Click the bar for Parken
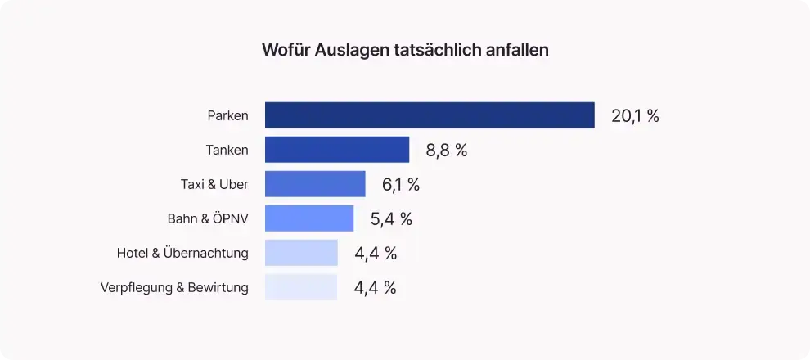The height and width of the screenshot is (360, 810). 430,115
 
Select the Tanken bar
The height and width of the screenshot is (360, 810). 337,150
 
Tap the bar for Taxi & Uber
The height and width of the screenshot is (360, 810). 315,184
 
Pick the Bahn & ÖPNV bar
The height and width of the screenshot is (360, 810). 309,218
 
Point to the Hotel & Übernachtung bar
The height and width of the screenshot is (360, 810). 301,253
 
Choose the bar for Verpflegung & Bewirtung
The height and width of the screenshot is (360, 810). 301,287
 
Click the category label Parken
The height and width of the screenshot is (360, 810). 227,115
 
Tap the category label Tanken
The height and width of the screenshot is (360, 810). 227,150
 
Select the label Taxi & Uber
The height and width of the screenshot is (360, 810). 214,184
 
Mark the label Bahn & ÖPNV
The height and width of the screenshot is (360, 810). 208,218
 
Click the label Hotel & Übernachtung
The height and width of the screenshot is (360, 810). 182,253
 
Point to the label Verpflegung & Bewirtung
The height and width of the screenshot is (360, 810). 174,287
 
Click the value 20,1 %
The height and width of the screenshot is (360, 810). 635,115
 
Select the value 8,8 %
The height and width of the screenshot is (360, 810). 447,150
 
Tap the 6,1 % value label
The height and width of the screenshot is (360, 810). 401,184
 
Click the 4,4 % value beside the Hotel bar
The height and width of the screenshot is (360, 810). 376,253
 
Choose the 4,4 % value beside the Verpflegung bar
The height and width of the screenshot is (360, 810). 376,287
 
